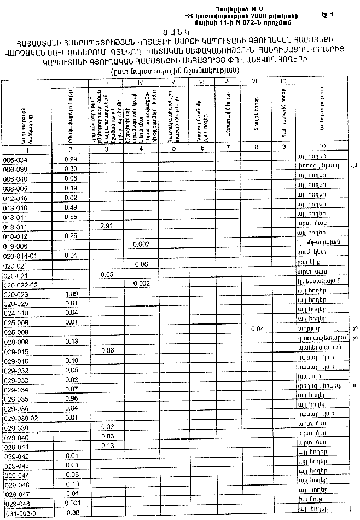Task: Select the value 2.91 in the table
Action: click(x=107, y=226)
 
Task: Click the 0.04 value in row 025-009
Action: click(x=257, y=329)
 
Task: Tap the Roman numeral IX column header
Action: click(x=283, y=81)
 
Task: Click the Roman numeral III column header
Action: click(x=107, y=83)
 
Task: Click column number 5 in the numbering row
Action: click(x=173, y=148)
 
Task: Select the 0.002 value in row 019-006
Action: click(x=141, y=246)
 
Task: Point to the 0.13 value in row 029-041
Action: click(x=107, y=446)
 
